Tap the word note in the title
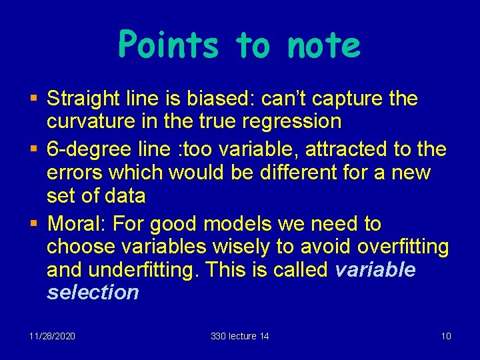(x=323, y=46)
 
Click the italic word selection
(x=93, y=291)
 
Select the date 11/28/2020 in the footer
(x=52, y=336)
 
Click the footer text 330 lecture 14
(x=239, y=336)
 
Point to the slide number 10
(x=446, y=336)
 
